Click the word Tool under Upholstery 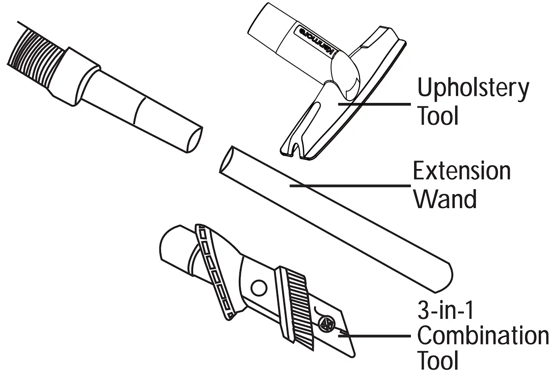click(438, 116)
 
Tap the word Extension click(461, 172)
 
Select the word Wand click(445, 199)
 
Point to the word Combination click(483, 336)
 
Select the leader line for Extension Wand click(350, 186)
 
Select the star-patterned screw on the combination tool click(325, 324)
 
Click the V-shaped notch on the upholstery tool click(294, 145)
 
